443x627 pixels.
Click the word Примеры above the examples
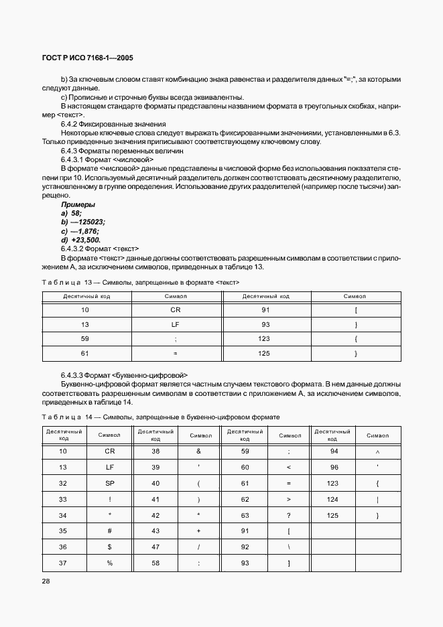click(78, 204)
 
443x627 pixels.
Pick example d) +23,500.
click(80, 240)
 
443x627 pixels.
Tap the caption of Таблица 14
click(161, 417)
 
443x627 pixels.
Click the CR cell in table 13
click(176, 309)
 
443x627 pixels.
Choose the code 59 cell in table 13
click(84, 339)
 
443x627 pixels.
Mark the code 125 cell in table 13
click(264, 353)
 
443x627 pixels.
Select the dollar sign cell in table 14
click(110, 547)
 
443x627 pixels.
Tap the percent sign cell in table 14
click(110, 563)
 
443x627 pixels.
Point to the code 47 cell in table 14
click(155, 547)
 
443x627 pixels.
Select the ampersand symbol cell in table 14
click(199, 451)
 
